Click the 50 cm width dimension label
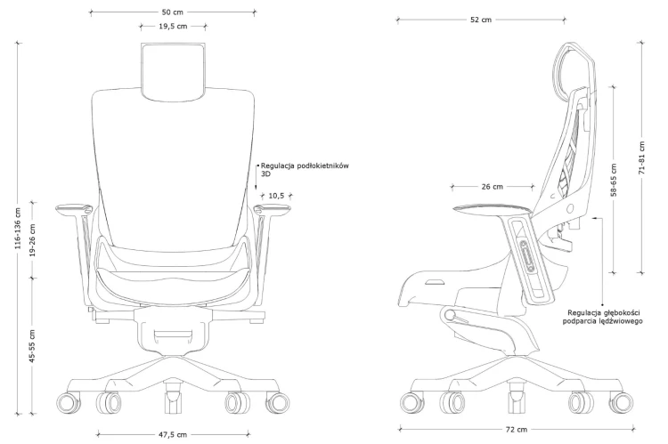tap(173, 12)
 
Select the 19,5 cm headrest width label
tap(173, 27)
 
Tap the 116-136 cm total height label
tap(18, 229)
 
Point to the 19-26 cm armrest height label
tap(33, 239)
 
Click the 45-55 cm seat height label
tap(33, 345)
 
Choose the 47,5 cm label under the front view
tap(173, 434)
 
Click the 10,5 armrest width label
tap(276, 196)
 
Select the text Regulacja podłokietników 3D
tap(305, 169)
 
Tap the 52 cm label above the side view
tap(481, 20)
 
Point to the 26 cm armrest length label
tap(492, 187)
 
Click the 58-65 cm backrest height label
tap(614, 180)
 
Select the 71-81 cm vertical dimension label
tap(642, 157)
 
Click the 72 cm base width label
tap(517, 430)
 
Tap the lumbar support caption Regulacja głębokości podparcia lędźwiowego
tap(602, 317)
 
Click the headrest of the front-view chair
tap(173, 71)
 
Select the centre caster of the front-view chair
tap(173, 398)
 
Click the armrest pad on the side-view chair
tap(492, 209)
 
